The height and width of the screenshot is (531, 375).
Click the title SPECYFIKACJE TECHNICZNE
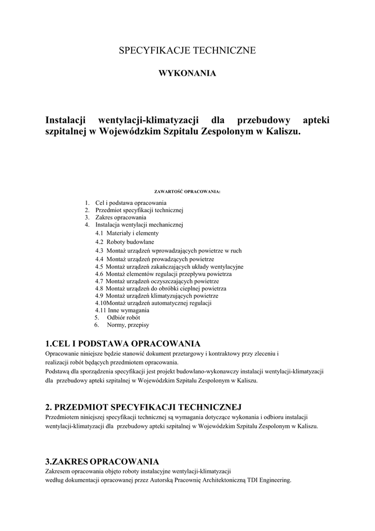point(187,51)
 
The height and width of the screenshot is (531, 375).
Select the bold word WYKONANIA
point(187,74)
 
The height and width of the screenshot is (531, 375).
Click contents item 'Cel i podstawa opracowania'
point(131,203)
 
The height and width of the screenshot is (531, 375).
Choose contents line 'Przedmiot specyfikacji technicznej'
point(139,211)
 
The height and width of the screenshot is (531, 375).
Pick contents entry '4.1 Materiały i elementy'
point(127,233)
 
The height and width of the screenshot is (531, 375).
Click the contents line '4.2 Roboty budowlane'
point(124,242)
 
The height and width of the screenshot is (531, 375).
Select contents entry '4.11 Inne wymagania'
point(122,310)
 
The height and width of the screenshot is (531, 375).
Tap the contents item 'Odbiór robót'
point(123,317)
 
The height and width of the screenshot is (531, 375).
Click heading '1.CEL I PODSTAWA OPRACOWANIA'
point(123,344)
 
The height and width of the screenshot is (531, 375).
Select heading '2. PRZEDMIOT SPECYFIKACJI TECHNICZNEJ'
point(143,408)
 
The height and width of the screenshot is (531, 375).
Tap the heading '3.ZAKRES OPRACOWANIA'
point(102,462)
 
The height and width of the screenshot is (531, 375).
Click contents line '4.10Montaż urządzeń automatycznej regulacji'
point(153,303)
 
